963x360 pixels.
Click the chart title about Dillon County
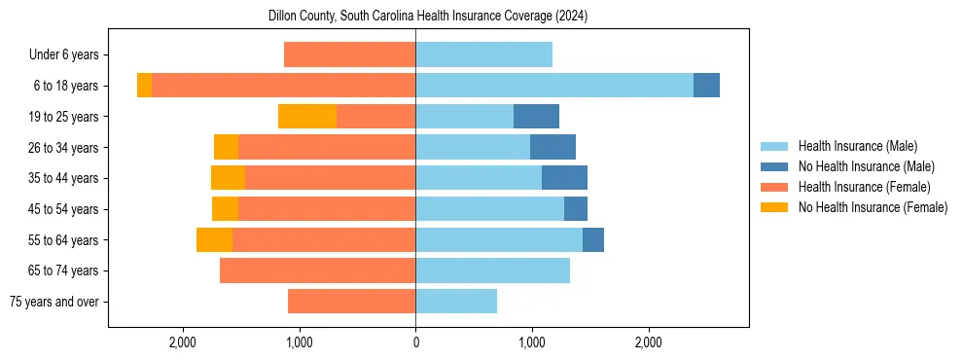428,17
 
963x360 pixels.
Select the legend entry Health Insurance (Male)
857,146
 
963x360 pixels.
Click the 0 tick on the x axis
415,342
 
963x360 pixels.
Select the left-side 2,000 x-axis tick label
183,342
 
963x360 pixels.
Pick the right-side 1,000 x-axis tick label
532,342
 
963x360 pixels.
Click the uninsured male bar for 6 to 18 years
706,86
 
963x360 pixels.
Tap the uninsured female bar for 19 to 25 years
307,117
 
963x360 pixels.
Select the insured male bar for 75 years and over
456,302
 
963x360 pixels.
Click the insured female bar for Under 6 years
350,55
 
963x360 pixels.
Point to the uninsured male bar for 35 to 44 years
564,178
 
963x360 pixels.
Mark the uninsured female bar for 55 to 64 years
214,239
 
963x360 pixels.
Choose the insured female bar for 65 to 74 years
318,270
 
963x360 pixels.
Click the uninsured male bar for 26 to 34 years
553,147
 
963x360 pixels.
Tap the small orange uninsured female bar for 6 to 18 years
144,86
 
